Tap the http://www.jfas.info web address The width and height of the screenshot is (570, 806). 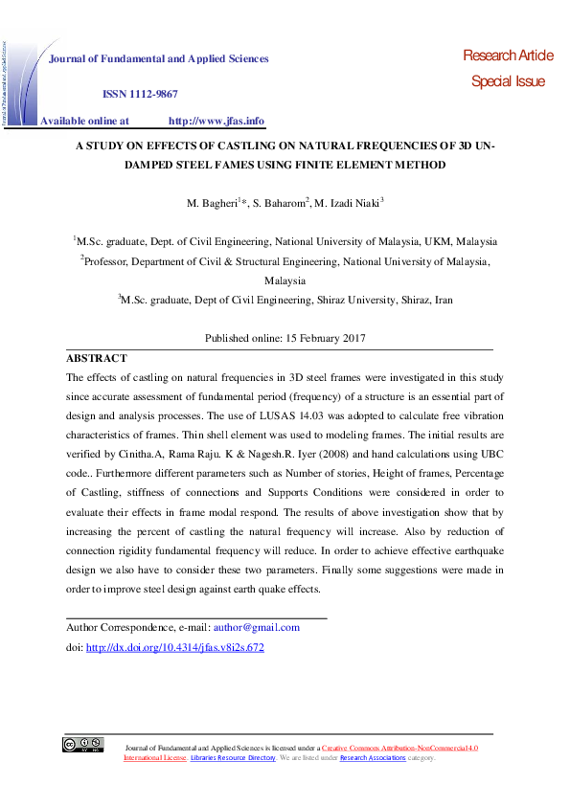point(216,121)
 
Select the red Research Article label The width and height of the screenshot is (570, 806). point(508,56)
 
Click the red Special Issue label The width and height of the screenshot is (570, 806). point(508,81)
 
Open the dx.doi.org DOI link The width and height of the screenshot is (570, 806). point(174,648)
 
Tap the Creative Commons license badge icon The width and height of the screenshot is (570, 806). point(83,744)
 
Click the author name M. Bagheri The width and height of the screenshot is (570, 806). point(210,203)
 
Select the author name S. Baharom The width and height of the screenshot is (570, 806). point(281,203)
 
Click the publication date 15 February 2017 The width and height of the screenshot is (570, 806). point(325,339)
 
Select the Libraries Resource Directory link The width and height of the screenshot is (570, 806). point(233,758)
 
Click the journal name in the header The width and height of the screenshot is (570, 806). point(159,58)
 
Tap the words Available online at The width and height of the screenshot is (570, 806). point(84,121)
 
